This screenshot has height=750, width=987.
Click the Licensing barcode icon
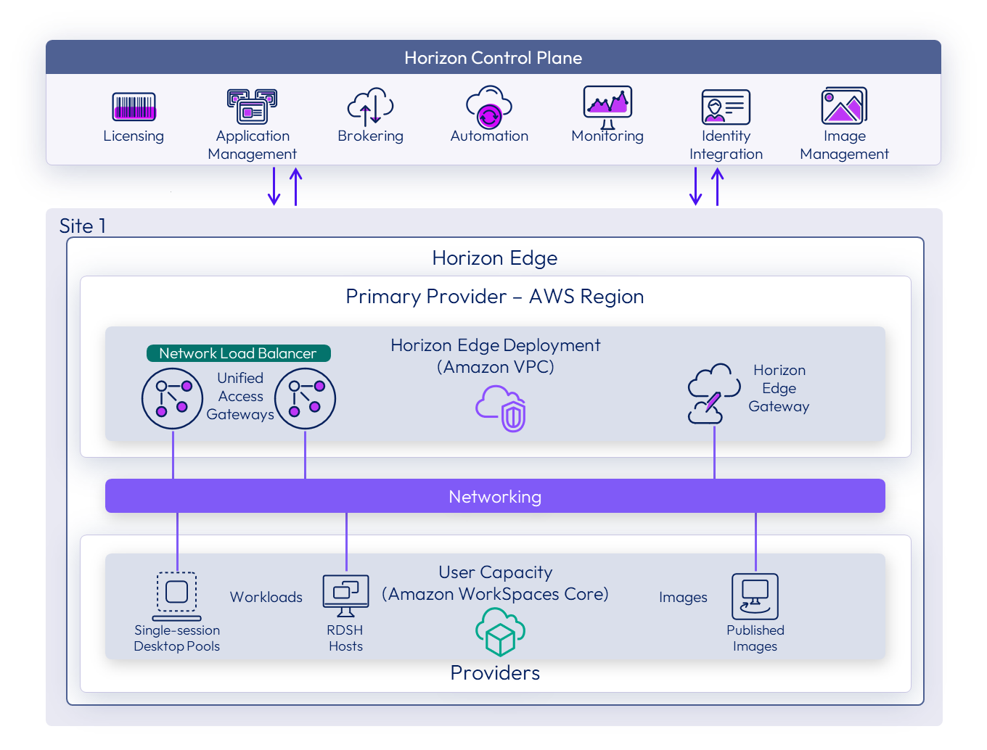tap(134, 107)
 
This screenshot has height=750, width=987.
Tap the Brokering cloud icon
tap(370, 106)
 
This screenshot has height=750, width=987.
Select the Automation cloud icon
tap(489, 107)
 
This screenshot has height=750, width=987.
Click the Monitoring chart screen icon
tap(607, 106)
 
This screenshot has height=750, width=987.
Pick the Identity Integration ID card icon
tap(726, 107)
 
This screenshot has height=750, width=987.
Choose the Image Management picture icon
tap(844, 106)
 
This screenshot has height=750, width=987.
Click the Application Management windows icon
tap(252, 106)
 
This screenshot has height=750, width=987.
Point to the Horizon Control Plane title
tap(493, 58)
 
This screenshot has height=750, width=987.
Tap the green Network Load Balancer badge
tap(238, 353)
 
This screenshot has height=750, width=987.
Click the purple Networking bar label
tap(495, 497)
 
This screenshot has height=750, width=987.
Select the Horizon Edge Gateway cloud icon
tap(713, 393)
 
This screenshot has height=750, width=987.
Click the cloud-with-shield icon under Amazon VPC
tap(501, 408)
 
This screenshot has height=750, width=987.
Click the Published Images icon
tap(755, 596)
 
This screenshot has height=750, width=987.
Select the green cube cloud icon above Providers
tap(500, 631)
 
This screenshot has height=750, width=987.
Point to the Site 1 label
tap(83, 226)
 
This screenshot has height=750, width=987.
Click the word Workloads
tap(266, 597)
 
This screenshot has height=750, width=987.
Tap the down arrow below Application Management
tap(274, 186)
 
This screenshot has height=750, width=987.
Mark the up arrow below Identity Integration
tap(717, 186)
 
